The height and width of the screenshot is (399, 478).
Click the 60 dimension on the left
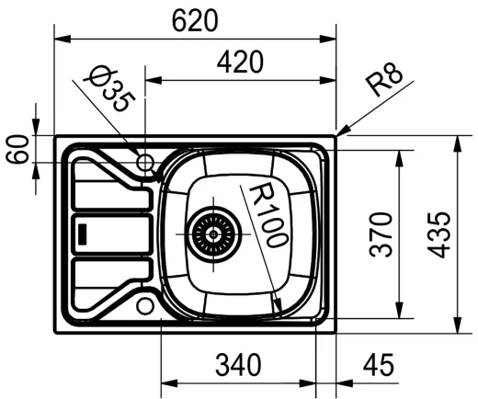[x=17, y=148]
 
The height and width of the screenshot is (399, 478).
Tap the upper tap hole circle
[x=144, y=163]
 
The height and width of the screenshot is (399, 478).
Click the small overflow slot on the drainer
[x=82, y=234]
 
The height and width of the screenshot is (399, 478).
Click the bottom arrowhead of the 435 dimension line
[x=458, y=330]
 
